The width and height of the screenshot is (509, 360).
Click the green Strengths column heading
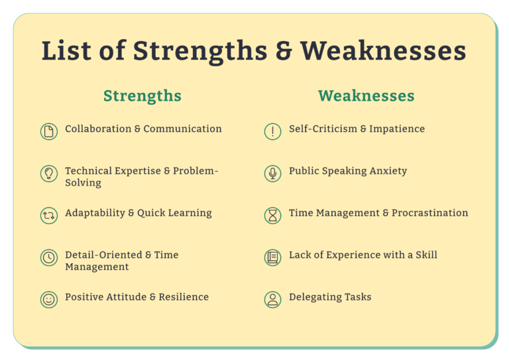click(x=142, y=95)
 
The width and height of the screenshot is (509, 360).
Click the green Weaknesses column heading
click(x=366, y=95)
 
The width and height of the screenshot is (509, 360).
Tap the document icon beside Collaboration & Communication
click(x=48, y=131)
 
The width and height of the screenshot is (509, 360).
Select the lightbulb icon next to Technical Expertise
click(x=48, y=173)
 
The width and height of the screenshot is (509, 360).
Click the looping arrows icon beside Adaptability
click(x=48, y=215)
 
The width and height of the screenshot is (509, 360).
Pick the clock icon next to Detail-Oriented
click(x=48, y=257)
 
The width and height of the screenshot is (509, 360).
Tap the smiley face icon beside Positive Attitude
click(x=48, y=300)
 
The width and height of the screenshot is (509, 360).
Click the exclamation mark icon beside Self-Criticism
click(x=272, y=131)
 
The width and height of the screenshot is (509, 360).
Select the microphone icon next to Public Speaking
click(x=272, y=173)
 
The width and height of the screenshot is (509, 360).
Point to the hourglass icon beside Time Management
click(x=272, y=215)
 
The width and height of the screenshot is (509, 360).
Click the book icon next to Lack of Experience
click(x=272, y=257)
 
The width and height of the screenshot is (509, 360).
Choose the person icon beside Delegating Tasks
click(x=272, y=300)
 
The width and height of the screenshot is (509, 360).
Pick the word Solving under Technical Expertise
click(x=83, y=183)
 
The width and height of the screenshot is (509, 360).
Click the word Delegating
click(x=313, y=298)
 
